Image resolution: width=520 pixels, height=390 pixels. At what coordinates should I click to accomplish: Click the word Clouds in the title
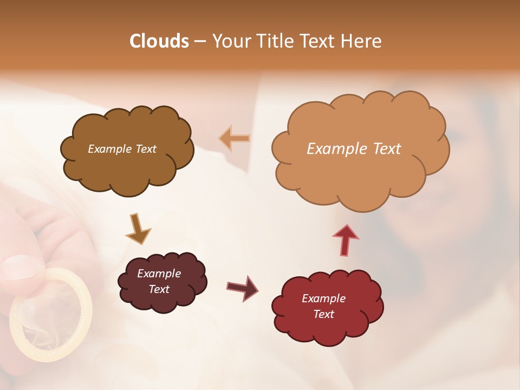159,41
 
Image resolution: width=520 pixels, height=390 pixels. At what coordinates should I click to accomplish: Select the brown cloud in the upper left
127,168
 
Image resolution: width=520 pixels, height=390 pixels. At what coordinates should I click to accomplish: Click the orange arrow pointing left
235,139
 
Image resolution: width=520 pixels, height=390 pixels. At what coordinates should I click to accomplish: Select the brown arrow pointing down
138,229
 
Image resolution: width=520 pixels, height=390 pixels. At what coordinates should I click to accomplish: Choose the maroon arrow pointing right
243,288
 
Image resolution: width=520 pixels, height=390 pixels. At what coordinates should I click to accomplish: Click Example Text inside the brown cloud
122,148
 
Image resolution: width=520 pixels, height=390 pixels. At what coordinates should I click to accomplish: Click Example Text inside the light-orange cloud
354,148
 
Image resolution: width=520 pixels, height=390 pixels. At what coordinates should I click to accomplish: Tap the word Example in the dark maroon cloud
159,274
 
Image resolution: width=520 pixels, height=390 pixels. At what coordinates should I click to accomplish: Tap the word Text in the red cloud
323,314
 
